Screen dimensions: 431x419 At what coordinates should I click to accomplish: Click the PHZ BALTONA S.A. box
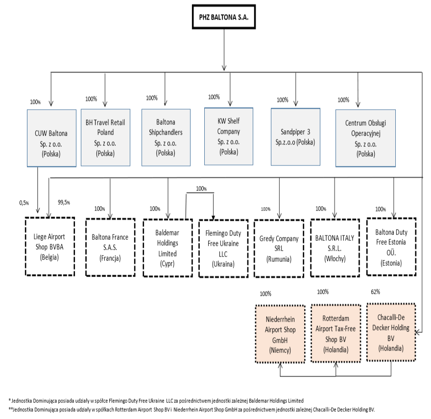tap(224, 17)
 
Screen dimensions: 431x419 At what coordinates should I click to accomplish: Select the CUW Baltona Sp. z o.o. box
tap(51, 138)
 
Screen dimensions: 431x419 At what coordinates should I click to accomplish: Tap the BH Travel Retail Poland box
tap(105, 138)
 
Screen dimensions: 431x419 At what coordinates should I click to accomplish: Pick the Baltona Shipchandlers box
tap(166, 138)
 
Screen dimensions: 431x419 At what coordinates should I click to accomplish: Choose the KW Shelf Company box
tap(228, 136)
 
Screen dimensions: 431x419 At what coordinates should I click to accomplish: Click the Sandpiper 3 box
tap(295, 137)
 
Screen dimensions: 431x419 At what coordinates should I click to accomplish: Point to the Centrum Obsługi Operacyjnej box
tap(365, 138)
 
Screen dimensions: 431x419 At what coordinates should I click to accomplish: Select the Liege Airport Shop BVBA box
tap(50, 246)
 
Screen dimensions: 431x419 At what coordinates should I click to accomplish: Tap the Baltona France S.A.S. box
tap(110, 247)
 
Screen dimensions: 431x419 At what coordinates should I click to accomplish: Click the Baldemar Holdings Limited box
tap(168, 248)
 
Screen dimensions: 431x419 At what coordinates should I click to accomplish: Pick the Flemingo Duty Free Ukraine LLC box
tap(223, 248)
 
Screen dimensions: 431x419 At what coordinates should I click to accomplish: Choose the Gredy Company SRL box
tap(279, 248)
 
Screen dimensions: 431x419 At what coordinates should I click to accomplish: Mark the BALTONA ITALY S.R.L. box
tap(335, 248)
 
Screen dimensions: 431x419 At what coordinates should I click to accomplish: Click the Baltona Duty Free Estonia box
tap(391, 247)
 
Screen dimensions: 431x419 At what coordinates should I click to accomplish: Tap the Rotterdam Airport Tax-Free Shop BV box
tap(335, 333)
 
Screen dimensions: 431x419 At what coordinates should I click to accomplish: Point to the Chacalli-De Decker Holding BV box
tap(391, 332)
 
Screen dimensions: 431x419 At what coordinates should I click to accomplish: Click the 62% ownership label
tap(375, 292)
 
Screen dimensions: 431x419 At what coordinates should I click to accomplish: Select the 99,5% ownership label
tap(64, 203)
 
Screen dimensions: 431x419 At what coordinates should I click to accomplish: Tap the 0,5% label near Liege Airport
tap(24, 203)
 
